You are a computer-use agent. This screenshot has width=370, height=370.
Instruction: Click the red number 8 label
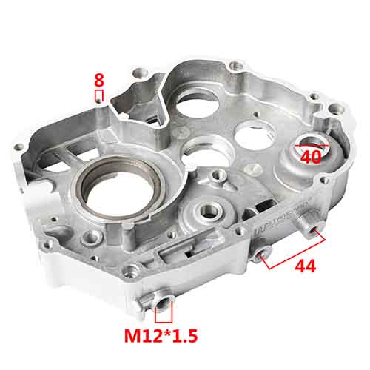pyautogui.click(x=98, y=78)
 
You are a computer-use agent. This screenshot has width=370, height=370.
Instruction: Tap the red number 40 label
pyautogui.click(x=311, y=156)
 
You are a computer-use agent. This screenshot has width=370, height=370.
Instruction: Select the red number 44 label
pyautogui.click(x=305, y=266)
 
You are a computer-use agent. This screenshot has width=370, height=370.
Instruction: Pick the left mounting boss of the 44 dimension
pyautogui.click(x=259, y=255)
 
